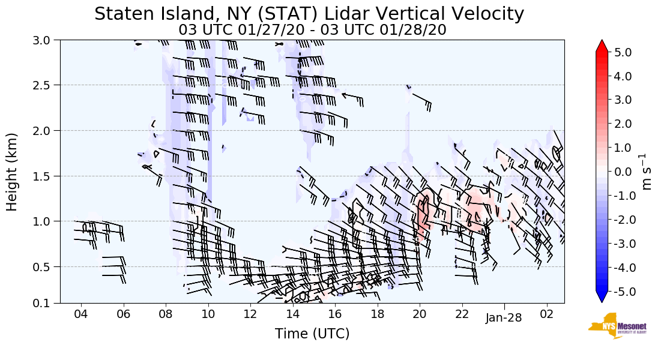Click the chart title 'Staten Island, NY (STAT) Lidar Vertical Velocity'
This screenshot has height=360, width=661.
coord(309,14)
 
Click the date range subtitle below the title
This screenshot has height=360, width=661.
coord(312,29)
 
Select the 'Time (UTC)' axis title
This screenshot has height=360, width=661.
coord(312,334)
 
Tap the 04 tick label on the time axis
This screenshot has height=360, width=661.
coord(81,314)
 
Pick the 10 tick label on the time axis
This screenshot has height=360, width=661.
coord(208,314)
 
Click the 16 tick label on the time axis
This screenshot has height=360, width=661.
coord(335,314)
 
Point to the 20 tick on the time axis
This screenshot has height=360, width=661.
coord(420,314)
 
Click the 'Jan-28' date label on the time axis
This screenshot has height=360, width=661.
coord(504,318)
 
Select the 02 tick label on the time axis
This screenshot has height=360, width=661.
coord(546,314)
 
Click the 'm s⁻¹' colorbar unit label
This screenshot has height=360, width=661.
coord(647,172)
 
